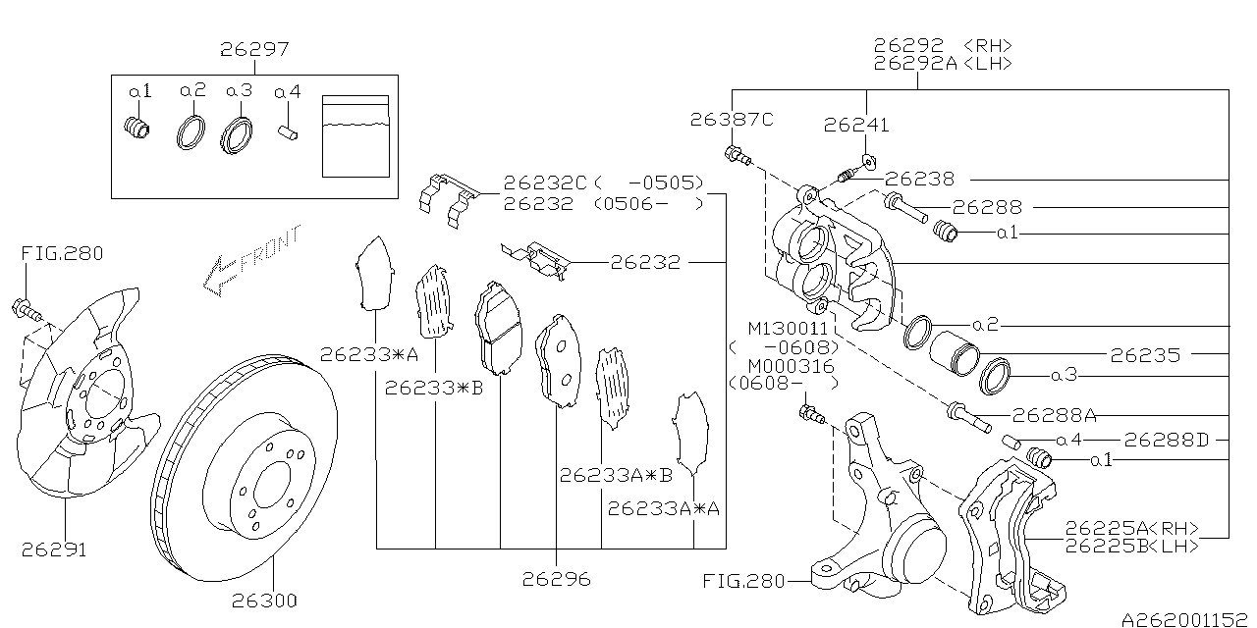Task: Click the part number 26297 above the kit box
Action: (x=254, y=48)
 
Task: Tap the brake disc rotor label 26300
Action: (x=264, y=600)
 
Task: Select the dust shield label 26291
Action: (x=54, y=549)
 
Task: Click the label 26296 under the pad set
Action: (x=557, y=579)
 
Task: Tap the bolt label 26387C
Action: (x=732, y=120)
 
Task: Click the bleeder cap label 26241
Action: (x=856, y=125)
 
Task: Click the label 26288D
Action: (x=1167, y=440)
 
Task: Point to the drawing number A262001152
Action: (x=1187, y=619)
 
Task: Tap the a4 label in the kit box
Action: (x=288, y=92)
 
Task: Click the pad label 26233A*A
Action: (x=664, y=508)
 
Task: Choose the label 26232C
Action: (x=545, y=183)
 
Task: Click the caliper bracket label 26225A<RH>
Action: (x=1132, y=528)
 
